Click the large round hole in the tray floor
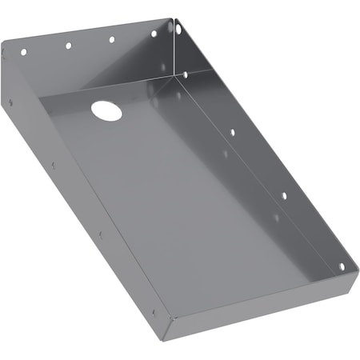(106, 110)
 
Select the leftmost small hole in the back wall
(23, 52)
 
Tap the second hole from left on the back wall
(68, 46)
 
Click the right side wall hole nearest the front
(342, 266)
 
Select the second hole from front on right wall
(283, 194)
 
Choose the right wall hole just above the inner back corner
(186, 74)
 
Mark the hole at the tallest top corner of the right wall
(178, 29)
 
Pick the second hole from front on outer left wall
(100, 234)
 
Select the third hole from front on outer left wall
(53, 166)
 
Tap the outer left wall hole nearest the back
(10, 102)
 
